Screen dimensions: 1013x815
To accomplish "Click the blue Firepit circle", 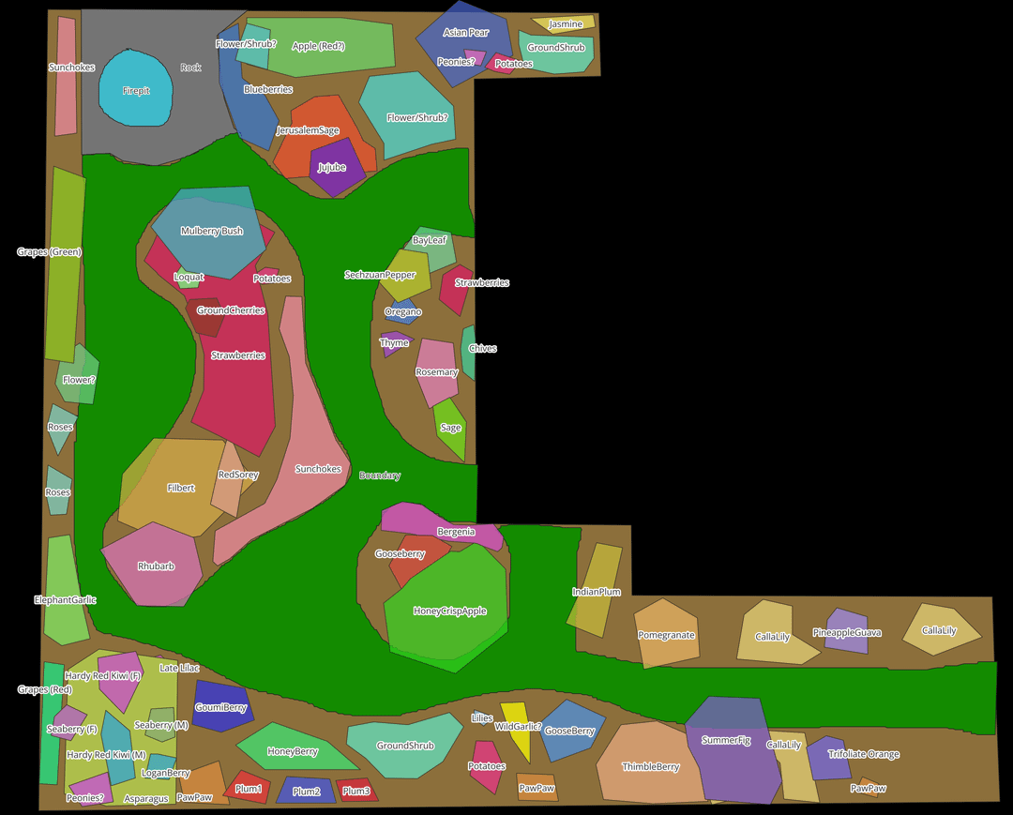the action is tap(136, 88).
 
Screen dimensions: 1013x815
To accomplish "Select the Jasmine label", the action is tap(566, 24).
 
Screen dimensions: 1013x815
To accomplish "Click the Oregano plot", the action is tap(402, 311).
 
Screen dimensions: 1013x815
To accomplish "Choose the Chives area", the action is tap(468, 352).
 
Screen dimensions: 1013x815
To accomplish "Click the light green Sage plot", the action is tap(451, 430).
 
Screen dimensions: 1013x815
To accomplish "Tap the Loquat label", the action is tap(189, 277).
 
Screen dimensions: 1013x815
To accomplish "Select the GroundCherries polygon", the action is tap(206, 316).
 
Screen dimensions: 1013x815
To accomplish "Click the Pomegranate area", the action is tap(666, 634).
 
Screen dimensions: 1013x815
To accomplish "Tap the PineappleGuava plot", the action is tap(846, 629).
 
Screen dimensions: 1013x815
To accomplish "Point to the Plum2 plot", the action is tap(306, 790).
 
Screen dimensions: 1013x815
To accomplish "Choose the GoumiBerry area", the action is tap(221, 705).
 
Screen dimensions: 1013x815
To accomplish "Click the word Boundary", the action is tap(380, 475).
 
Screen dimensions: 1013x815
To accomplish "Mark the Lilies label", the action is tap(482, 718).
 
